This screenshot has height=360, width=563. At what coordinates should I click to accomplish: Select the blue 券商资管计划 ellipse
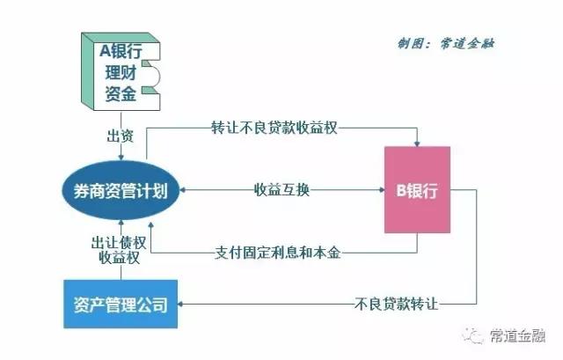(121, 187)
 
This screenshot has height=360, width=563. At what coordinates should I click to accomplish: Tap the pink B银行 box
(417, 188)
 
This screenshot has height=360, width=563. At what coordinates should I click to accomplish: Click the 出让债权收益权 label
(117, 248)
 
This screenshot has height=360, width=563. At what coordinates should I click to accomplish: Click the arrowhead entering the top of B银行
(416, 143)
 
